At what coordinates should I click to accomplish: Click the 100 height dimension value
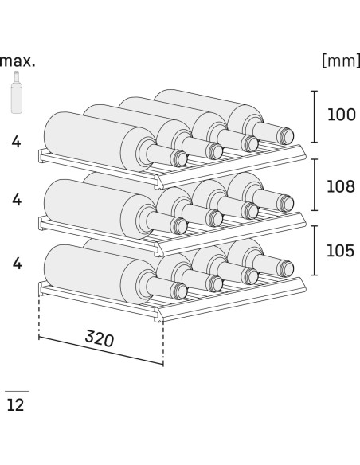click(342, 115)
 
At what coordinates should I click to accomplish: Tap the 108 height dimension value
click(341, 186)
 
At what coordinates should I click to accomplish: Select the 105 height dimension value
click(340, 251)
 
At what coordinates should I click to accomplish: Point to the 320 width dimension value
click(100, 338)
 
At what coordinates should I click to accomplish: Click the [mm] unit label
click(341, 61)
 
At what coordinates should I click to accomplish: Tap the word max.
click(18, 61)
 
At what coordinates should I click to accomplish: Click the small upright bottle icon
click(17, 92)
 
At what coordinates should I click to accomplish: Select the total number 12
click(15, 404)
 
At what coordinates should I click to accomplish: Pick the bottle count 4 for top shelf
click(16, 142)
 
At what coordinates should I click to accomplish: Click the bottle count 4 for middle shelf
click(17, 200)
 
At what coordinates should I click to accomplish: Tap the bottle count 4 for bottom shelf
click(18, 264)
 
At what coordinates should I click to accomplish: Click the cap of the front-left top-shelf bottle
click(179, 158)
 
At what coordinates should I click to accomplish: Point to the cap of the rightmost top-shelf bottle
click(285, 136)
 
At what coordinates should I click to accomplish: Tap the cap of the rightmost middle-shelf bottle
click(285, 203)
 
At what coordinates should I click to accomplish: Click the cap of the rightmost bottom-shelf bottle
click(285, 268)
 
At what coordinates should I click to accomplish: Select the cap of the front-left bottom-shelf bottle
click(179, 291)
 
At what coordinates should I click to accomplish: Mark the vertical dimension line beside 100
click(315, 116)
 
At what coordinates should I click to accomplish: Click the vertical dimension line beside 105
click(315, 251)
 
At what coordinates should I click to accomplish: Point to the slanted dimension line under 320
click(101, 350)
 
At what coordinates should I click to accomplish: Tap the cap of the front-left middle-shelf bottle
click(179, 225)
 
